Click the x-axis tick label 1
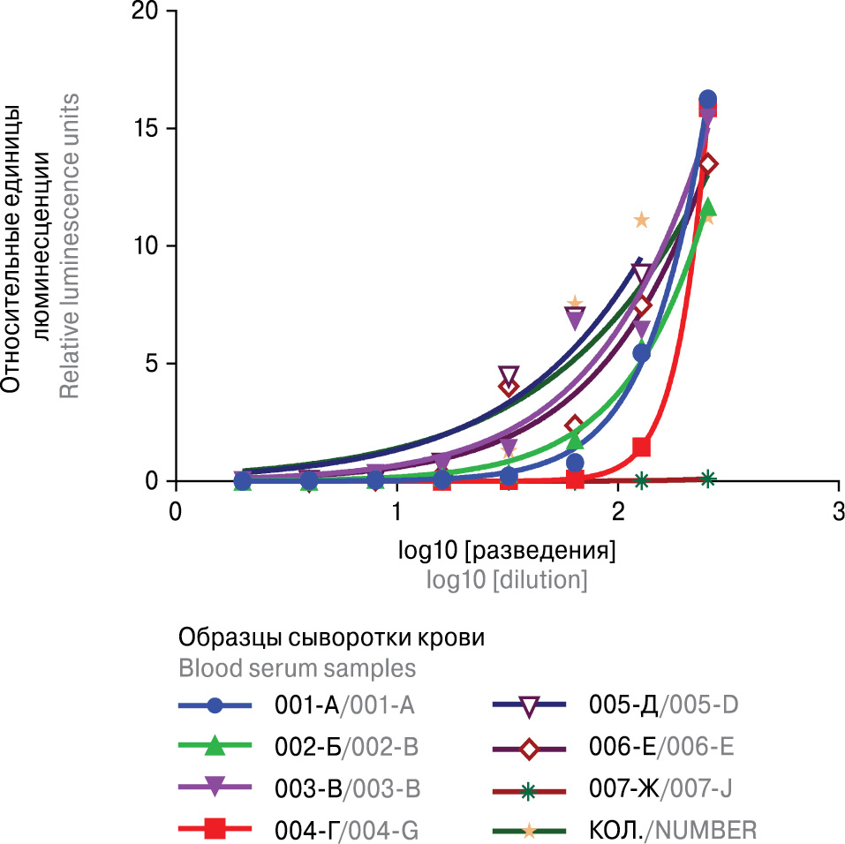(x=397, y=511)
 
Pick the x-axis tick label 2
(x=618, y=511)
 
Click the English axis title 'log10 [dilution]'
(x=507, y=580)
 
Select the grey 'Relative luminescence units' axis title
(x=70, y=245)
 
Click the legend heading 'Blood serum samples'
(x=298, y=666)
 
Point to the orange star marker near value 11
(x=641, y=220)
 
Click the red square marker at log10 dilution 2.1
(x=642, y=447)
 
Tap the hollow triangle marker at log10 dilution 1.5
(x=509, y=375)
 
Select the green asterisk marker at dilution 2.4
(x=707, y=479)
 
